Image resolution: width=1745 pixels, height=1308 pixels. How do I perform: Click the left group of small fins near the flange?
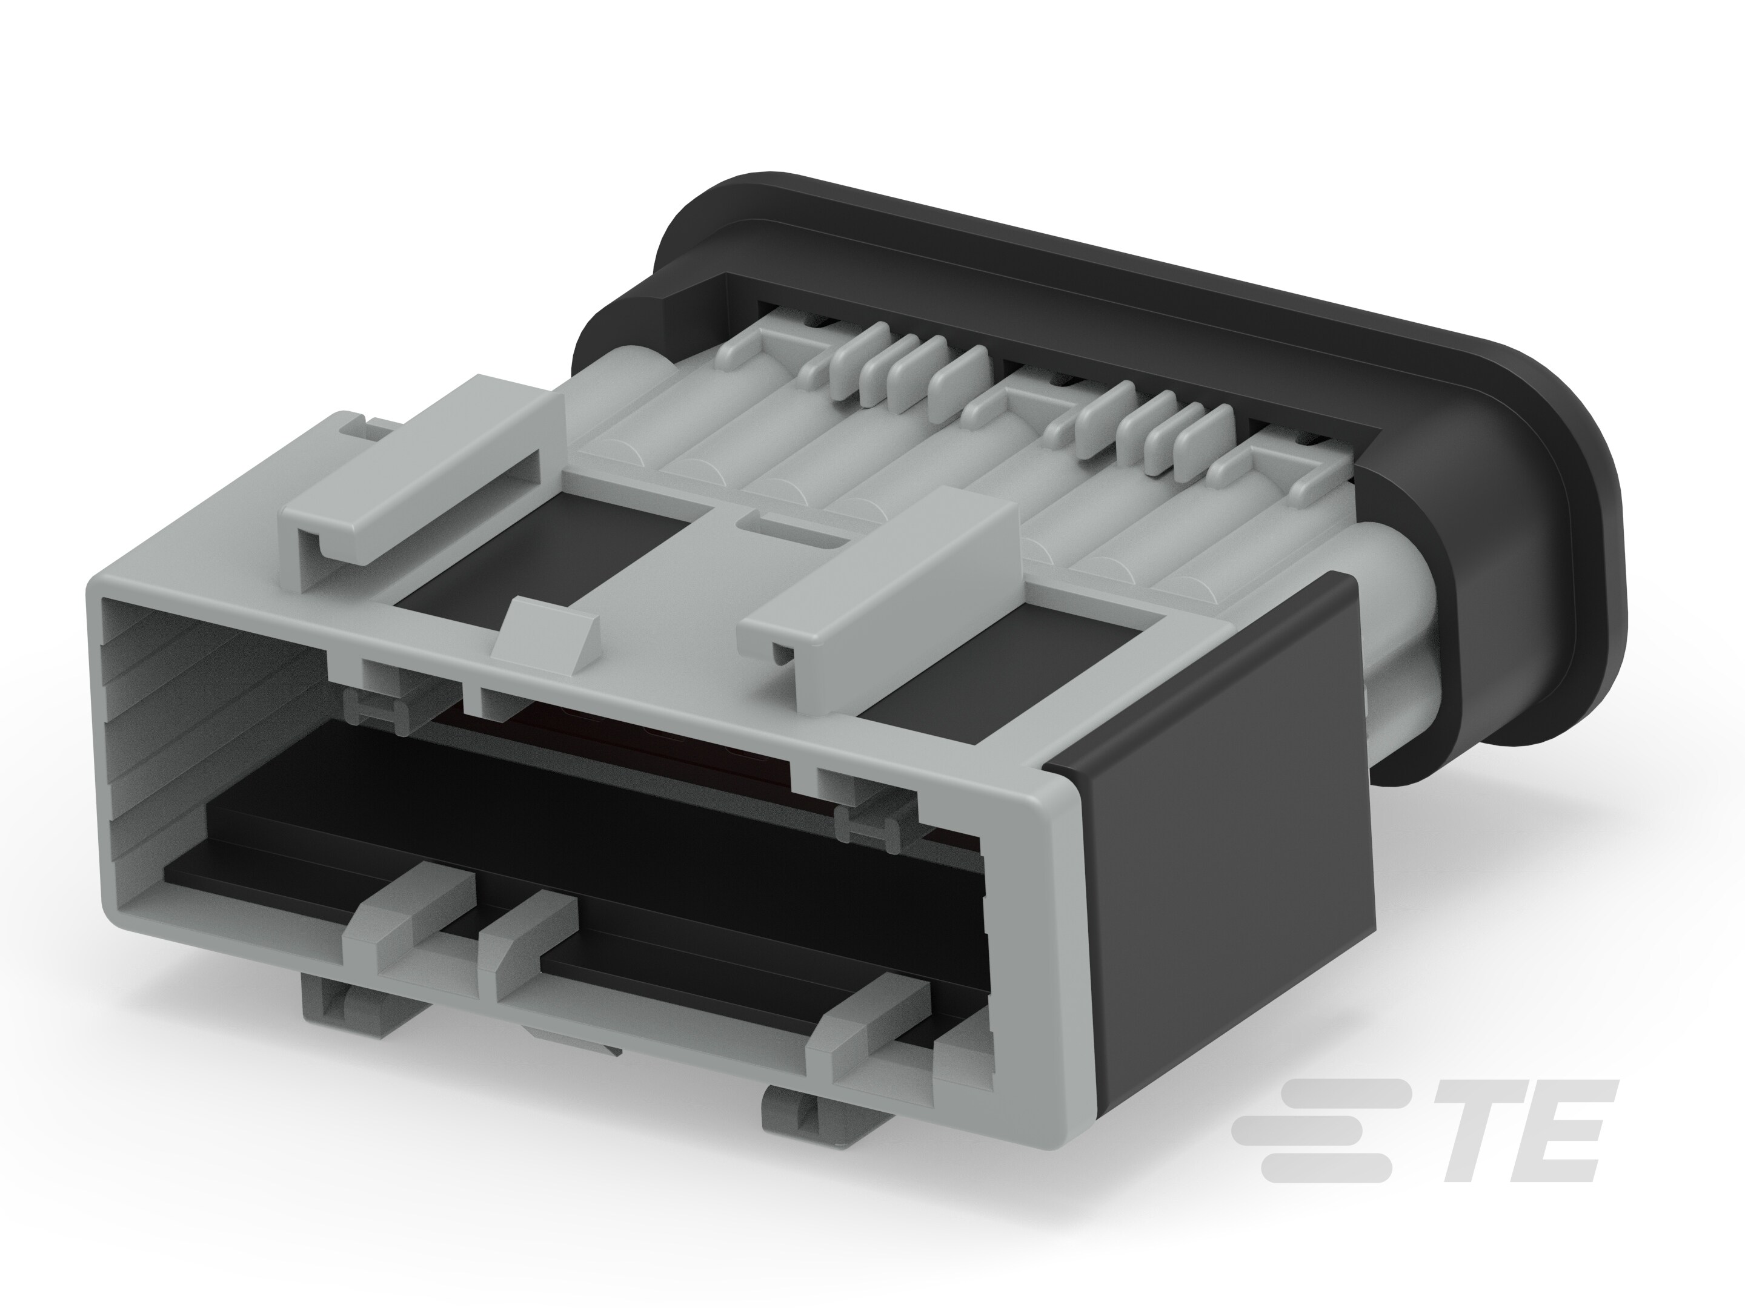click(x=907, y=371)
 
